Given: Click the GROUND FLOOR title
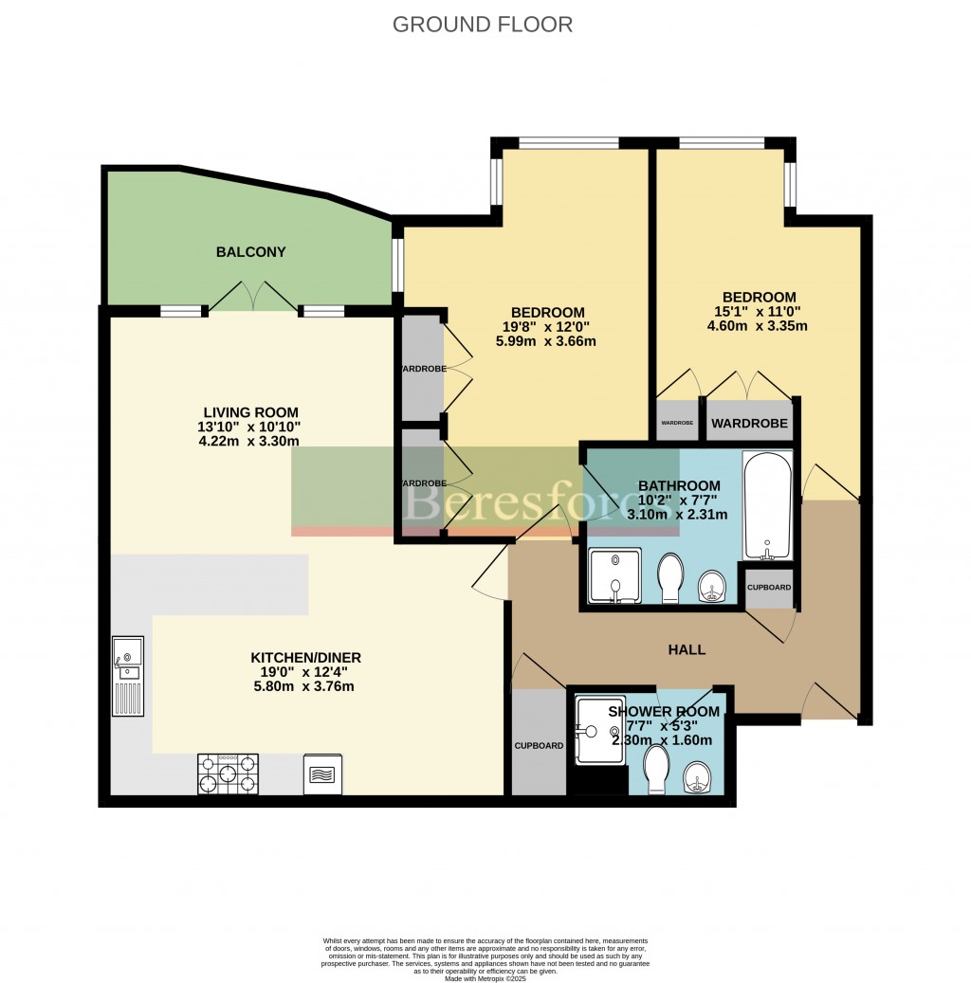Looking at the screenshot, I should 483,25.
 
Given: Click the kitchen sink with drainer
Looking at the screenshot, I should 128,676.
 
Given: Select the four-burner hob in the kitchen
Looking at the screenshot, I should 228,773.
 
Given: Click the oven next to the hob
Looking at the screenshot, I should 323,774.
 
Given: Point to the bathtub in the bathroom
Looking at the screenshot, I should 767,506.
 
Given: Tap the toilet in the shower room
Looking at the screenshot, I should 656,771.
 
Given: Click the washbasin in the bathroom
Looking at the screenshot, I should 712,587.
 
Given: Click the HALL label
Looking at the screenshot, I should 687,649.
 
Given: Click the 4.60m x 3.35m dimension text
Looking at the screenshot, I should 757,326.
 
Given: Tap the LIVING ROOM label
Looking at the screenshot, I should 250,412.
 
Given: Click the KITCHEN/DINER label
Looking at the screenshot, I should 305,657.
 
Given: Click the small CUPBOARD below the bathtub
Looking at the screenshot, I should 768,587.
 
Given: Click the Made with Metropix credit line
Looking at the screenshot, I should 485,977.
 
